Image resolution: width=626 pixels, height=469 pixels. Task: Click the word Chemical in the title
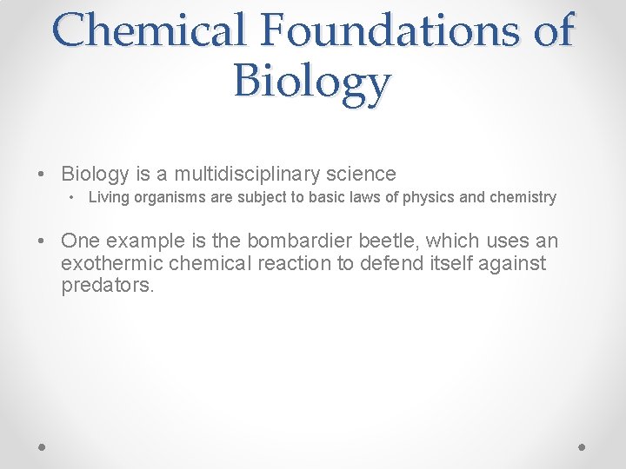pyautogui.click(x=148, y=30)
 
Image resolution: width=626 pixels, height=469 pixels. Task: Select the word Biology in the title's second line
pyautogui.click(x=312, y=83)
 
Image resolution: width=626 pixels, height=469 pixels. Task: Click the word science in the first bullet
pyautogui.click(x=360, y=174)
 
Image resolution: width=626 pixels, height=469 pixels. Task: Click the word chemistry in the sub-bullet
pyautogui.click(x=523, y=197)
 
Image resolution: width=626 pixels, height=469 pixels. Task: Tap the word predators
pyautogui.click(x=108, y=286)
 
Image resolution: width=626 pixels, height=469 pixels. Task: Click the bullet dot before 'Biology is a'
pyautogui.click(x=43, y=175)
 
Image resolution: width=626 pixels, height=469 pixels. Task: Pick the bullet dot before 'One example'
pyautogui.click(x=43, y=241)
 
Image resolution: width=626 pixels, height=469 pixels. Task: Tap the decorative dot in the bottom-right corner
pyautogui.click(x=583, y=446)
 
